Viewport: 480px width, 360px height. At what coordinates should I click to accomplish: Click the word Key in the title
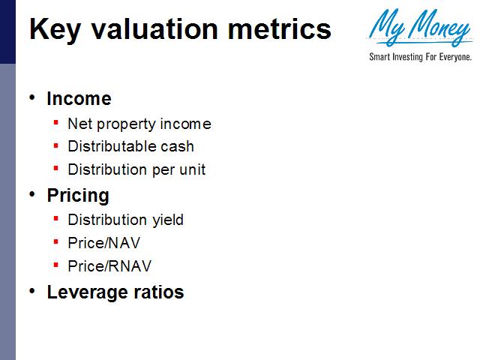click(x=55, y=29)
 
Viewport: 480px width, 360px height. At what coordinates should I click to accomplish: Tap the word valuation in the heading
click(x=154, y=29)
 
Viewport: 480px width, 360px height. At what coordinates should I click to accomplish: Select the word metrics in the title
click(x=280, y=29)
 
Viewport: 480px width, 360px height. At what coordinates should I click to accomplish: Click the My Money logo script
click(x=419, y=28)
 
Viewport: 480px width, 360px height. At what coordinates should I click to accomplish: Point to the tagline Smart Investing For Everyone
click(x=420, y=57)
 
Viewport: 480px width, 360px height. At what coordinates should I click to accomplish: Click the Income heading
click(x=79, y=98)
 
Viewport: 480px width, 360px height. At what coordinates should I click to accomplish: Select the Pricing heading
click(x=78, y=196)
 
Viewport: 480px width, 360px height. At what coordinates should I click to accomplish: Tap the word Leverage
click(x=86, y=292)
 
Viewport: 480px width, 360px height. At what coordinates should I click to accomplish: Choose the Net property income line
click(x=139, y=124)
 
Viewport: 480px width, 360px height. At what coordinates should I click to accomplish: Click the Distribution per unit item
click(x=136, y=170)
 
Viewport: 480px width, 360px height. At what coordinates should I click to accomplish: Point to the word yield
click(x=168, y=220)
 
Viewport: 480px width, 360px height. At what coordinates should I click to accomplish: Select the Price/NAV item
click(x=104, y=243)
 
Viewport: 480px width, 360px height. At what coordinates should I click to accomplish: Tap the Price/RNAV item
click(x=109, y=266)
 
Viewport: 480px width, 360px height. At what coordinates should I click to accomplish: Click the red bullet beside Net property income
click(x=55, y=123)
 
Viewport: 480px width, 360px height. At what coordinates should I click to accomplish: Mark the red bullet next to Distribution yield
click(x=55, y=218)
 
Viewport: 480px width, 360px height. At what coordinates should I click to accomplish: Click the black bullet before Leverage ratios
click(x=32, y=291)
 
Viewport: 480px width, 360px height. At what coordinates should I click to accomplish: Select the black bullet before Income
click(x=32, y=97)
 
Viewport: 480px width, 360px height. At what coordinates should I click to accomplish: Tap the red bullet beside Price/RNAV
click(x=55, y=265)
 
